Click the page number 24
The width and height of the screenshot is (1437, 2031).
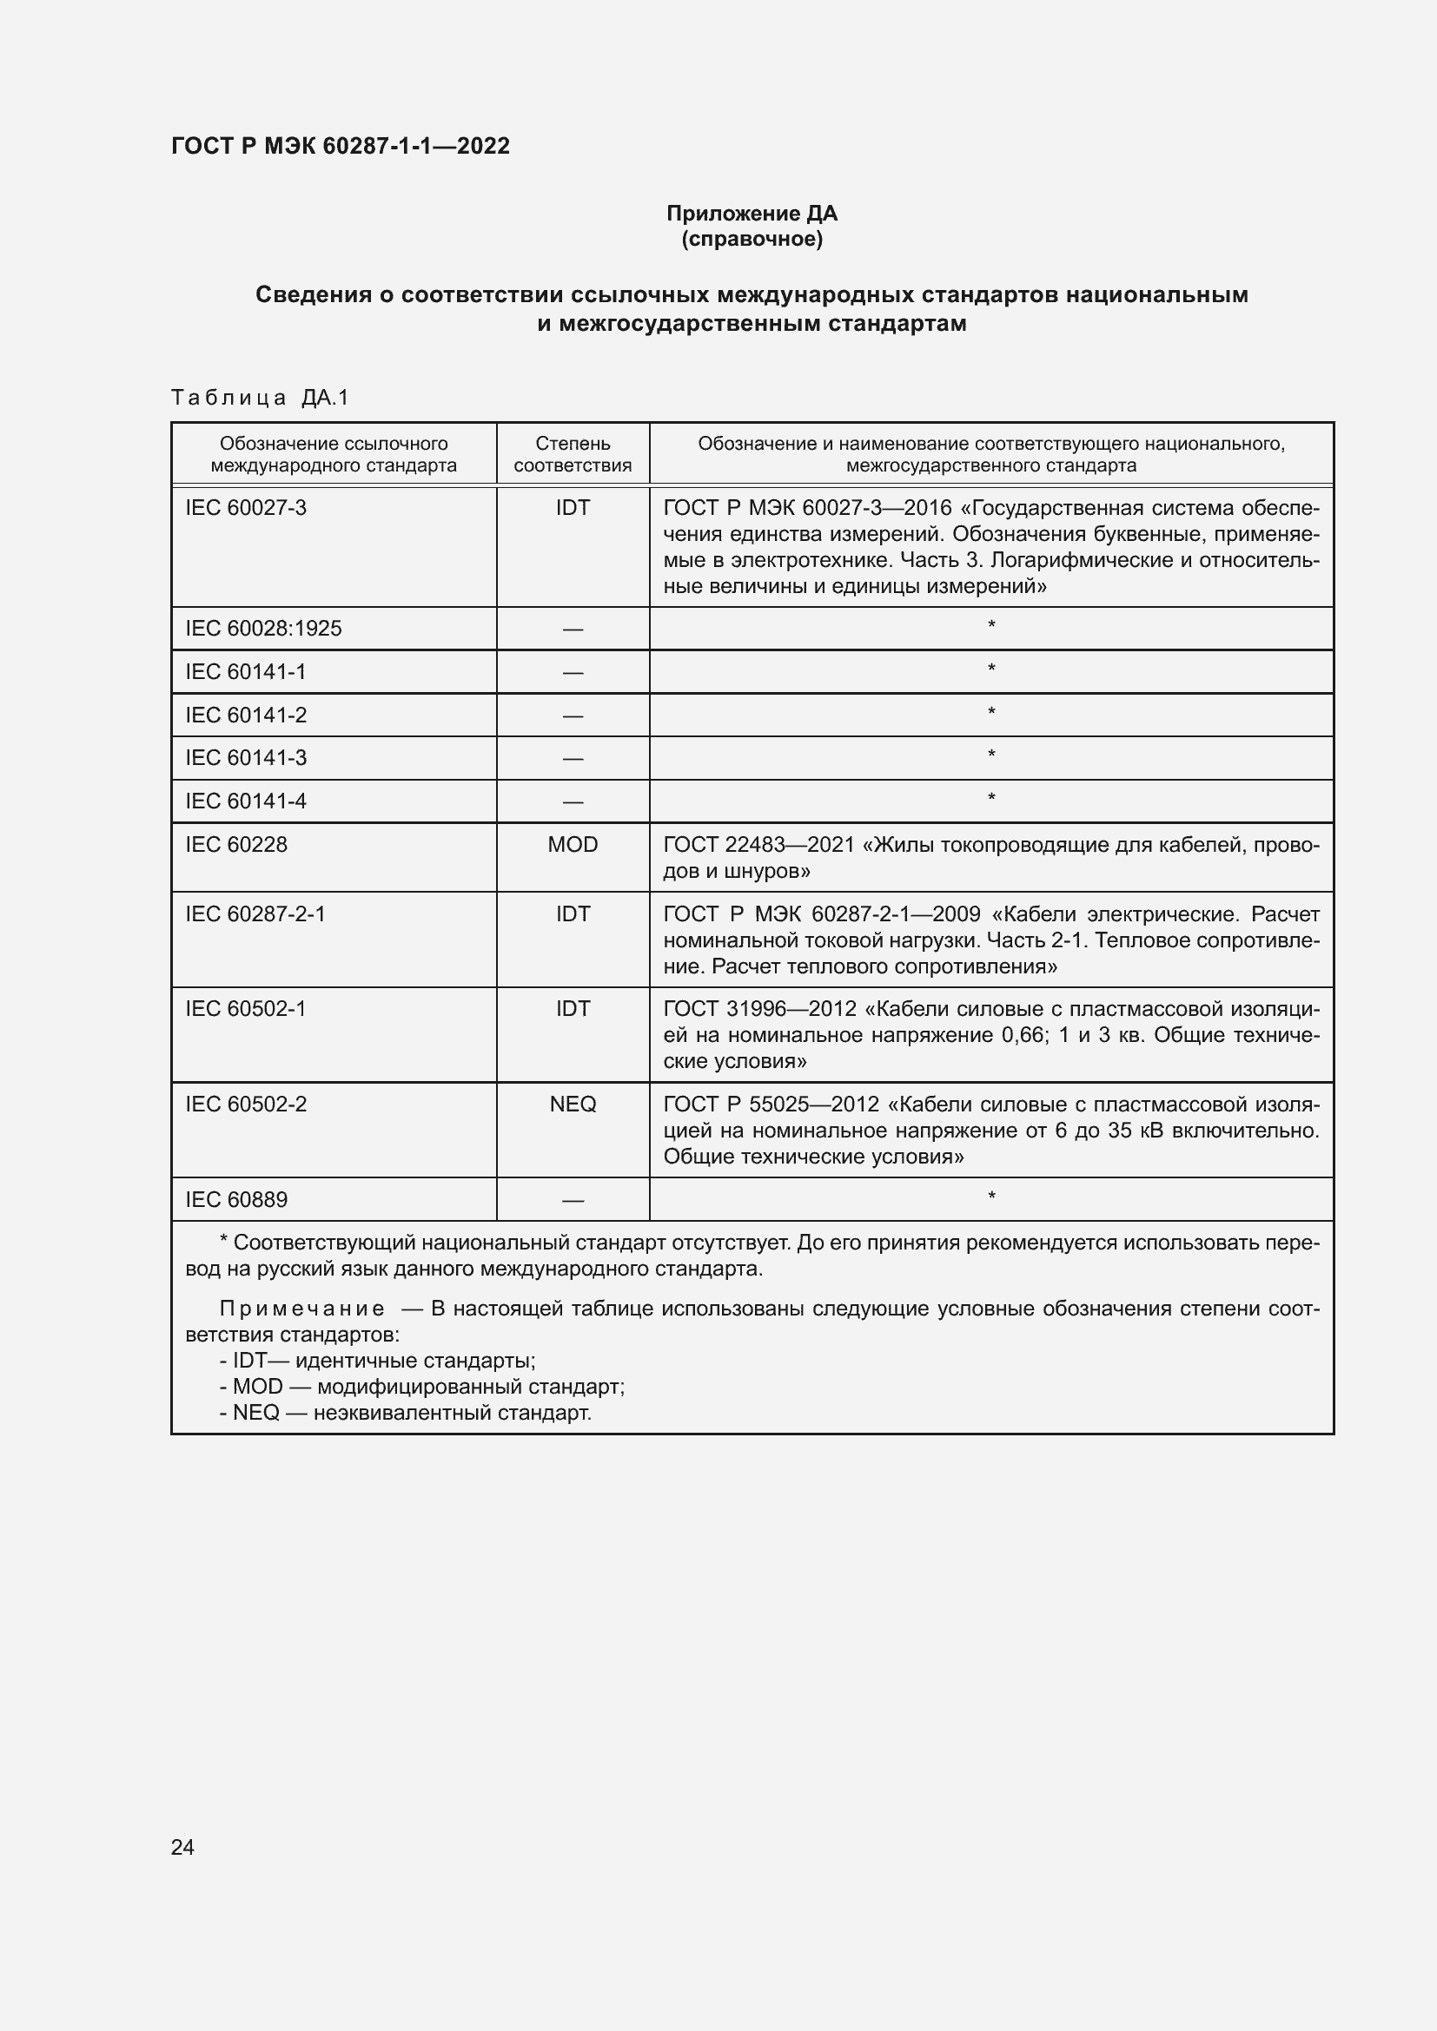tap(182, 1847)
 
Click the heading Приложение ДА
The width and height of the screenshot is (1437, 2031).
tap(752, 214)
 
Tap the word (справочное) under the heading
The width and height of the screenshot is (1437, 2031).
tap(752, 239)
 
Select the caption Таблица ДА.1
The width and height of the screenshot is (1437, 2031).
tap(260, 398)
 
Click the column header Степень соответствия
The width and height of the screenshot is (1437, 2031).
tap(573, 455)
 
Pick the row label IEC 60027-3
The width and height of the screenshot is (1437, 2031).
tap(246, 508)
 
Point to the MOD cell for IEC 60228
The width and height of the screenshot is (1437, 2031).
tap(573, 845)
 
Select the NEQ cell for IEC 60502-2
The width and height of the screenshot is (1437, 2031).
tap(573, 1105)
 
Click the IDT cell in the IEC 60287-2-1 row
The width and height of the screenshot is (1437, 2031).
tap(573, 913)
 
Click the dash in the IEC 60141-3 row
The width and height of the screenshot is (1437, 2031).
tap(573, 759)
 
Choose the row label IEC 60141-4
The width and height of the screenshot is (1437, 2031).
tap(246, 801)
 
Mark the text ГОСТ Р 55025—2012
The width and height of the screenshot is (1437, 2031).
tap(771, 1105)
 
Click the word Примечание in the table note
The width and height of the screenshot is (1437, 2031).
tap(301, 1309)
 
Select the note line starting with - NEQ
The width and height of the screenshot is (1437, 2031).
tap(405, 1413)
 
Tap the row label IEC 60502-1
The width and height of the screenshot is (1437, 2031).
tap(246, 1009)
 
